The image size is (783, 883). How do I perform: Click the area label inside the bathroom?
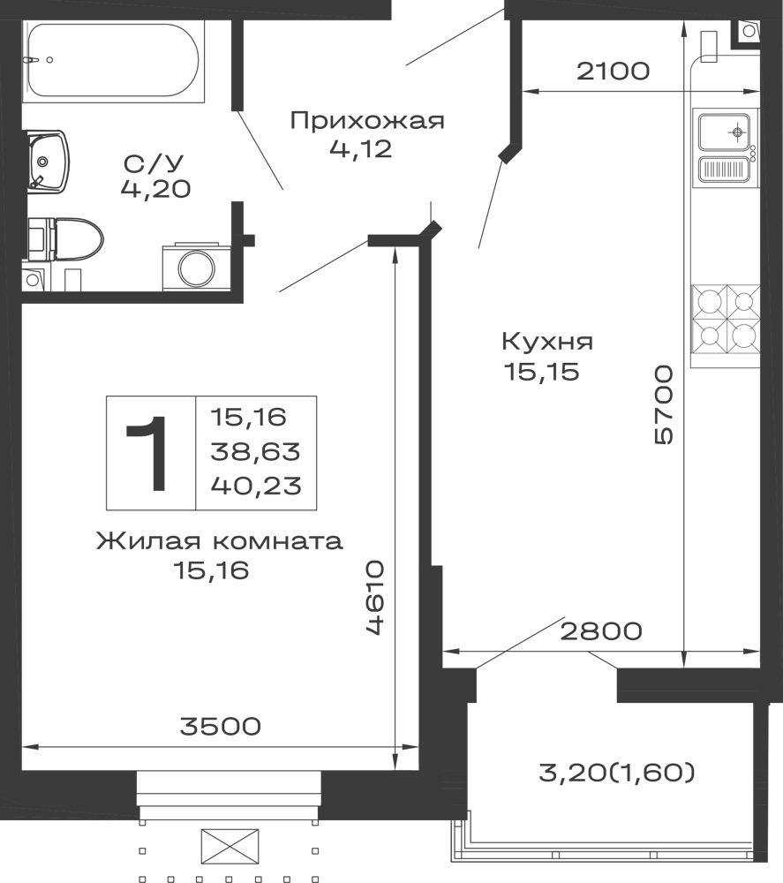(x=155, y=171)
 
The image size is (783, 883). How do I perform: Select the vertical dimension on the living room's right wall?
(x=374, y=597)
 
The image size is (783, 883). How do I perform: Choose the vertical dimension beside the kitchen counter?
(x=665, y=402)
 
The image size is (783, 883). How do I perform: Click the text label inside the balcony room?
(x=618, y=774)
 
